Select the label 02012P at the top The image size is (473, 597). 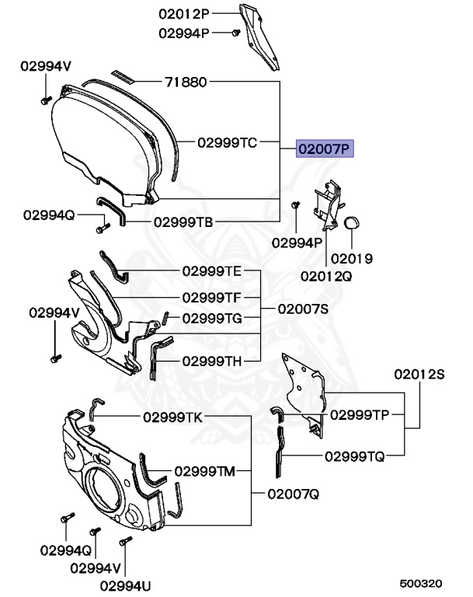click(x=185, y=13)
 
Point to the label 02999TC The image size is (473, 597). click(x=226, y=142)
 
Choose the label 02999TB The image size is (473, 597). click(x=183, y=222)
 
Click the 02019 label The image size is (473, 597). click(x=352, y=258)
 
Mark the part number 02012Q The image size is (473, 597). click(x=326, y=275)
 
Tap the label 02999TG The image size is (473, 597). click(x=212, y=318)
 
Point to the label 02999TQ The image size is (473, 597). click(x=354, y=456)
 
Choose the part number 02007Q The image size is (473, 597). click(x=293, y=494)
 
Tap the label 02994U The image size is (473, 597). click(x=123, y=584)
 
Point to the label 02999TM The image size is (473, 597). click(x=204, y=470)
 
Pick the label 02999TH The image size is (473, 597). click(x=212, y=361)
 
